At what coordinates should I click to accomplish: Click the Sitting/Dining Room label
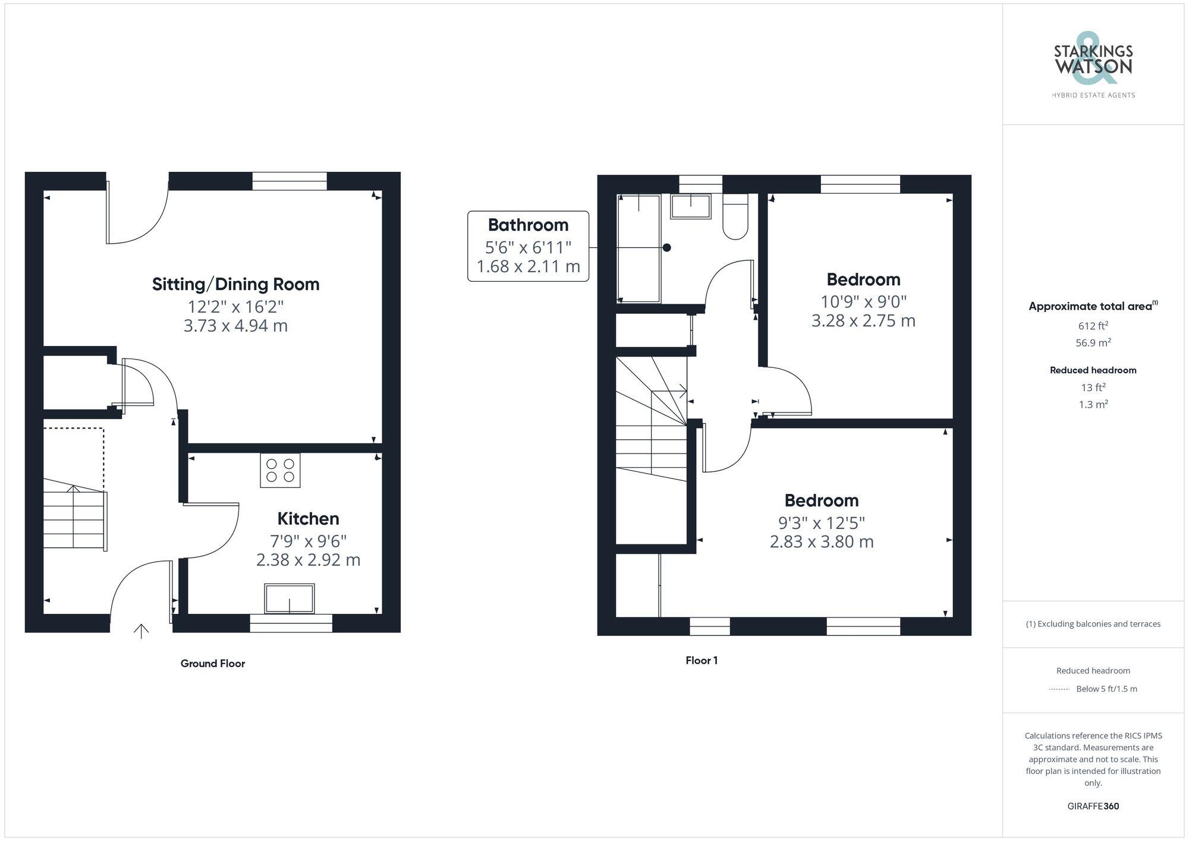pyautogui.click(x=235, y=284)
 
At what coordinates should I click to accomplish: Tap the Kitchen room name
pyautogui.click(x=308, y=519)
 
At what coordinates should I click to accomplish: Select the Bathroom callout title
pyautogui.click(x=528, y=225)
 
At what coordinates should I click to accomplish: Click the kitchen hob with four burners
pyautogui.click(x=280, y=470)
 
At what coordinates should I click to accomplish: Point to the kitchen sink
pyautogui.click(x=290, y=599)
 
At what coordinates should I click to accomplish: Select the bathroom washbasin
pyautogui.click(x=691, y=206)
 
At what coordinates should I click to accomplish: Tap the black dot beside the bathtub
pyautogui.click(x=667, y=248)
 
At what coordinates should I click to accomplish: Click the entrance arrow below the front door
pyautogui.click(x=141, y=631)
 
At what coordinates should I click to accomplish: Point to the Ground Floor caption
pyautogui.click(x=213, y=663)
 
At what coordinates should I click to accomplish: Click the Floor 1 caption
pyautogui.click(x=702, y=660)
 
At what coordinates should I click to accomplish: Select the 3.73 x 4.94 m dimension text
pyautogui.click(x=235, y=326)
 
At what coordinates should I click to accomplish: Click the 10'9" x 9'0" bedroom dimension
pyautogui.click(x=863, y=301)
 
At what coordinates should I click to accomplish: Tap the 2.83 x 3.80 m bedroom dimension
pyautogui.click(x=822, y=542)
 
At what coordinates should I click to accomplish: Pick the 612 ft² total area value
pyautogui.click(x=1093, y=326)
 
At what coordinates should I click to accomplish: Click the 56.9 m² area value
pyautogui.click(x=1093, y=343)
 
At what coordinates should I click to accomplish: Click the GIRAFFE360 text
pyautogui.click(x=1093, y=807)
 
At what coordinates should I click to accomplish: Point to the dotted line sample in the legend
pyautogui.click(x=1059, y=689)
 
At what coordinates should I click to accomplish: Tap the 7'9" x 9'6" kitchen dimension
pyautogui.click(x=308, y=541)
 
